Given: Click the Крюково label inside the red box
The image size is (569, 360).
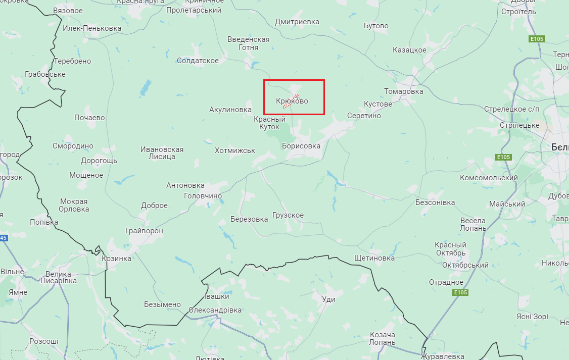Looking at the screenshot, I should (x=292, y=101).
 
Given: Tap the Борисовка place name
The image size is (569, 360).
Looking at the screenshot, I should (x=301, y=146).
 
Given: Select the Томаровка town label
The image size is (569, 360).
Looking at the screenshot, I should (x=403, y=91).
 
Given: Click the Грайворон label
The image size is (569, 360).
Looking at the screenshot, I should (x=145, y=231).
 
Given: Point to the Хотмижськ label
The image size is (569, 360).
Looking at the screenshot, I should (x=235, y=150).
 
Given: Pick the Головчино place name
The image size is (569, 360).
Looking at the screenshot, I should (x=203, y=196).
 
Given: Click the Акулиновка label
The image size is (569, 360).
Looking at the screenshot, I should (x=230, y=110).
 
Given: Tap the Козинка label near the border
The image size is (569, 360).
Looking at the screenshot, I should (x=116, y=259).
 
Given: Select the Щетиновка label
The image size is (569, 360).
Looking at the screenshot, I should (x=374, y=258).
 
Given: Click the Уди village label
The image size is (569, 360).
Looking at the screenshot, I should (x=328, y=299).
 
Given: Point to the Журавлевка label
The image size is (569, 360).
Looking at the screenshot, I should (x=442, y=356).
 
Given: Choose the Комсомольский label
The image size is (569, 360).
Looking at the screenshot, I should (x=489, y=178).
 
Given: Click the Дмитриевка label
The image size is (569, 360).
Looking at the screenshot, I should (x=297, y=22).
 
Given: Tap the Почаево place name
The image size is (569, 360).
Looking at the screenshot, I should (x=89, y=118).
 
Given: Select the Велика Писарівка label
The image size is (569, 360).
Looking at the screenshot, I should (x=58, y=277).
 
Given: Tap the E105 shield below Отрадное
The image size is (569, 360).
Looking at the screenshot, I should (x=460, y=293).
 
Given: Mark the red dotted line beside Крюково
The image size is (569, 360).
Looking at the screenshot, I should (x=291, y=101).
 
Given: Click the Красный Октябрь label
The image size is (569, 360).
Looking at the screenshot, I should (x=450, y=249).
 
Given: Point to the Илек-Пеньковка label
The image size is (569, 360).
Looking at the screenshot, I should (x=92, y=28).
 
